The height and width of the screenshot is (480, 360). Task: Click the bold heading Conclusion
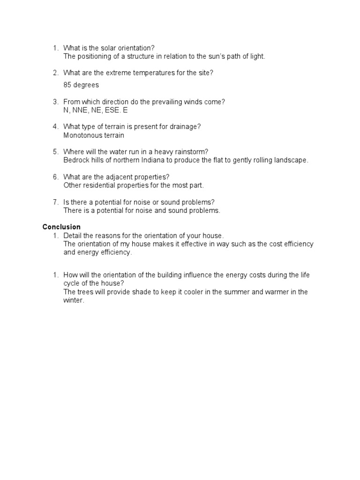pos(61,227)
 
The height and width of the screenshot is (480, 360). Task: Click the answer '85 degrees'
pos(81,85)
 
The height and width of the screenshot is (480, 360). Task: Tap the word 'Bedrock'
pos(75,160)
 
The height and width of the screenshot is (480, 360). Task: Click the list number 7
pos(56,202)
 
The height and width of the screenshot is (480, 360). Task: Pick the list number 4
pos(56,127)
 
